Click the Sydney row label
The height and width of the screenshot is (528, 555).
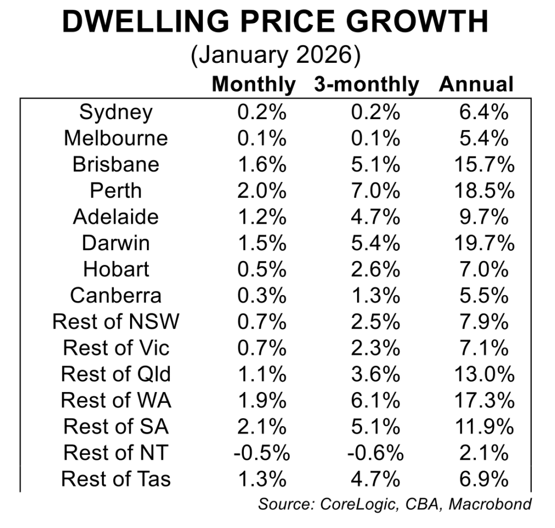pos(116,112)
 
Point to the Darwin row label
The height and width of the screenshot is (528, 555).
pos(116,243)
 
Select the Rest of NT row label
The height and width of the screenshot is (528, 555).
pos(116,452)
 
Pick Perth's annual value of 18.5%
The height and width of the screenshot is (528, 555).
pos(483,191)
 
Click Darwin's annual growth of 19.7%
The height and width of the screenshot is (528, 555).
pos(483,243)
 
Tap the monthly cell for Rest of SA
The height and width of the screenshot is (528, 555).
pos(262,426)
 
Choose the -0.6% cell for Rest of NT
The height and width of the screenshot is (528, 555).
pos(373,452)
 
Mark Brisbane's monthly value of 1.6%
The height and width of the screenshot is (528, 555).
pos(262,165)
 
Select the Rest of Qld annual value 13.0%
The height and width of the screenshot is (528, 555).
pos(483,374)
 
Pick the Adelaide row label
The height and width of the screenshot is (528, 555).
pos(116,217)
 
